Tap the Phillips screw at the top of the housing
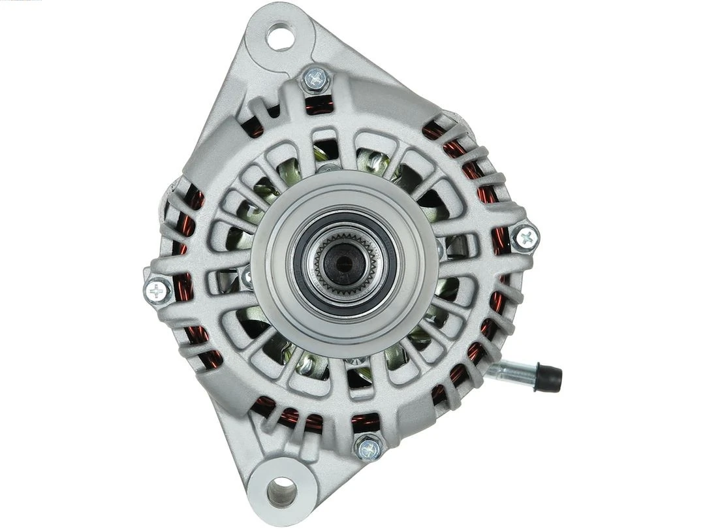click(x=316, y=80)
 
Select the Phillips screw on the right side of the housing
click(x=525, y=238)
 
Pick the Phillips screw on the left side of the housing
click(x=157, y=291)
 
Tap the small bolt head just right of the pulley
click(x=439, y=248)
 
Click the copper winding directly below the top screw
click(x=319, y=104)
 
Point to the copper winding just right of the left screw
click(x=183, y=287)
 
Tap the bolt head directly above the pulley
click(x=328, y=168)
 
